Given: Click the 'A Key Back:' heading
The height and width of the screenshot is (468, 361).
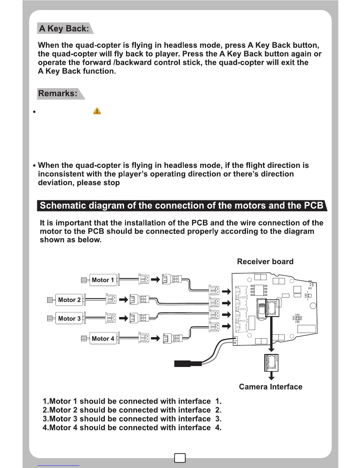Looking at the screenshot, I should [64, 29].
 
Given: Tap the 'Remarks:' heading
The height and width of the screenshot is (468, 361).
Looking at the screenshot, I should [58, 94].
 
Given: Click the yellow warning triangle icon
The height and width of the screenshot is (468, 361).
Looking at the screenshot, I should [97, 111].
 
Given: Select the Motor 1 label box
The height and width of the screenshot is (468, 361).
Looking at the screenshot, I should [103, 280].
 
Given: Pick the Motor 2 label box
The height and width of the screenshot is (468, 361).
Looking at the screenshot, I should [69, 300].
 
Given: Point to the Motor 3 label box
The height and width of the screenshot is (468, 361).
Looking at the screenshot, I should [69, 318].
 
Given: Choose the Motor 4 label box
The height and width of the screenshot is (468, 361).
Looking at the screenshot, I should [103, 339].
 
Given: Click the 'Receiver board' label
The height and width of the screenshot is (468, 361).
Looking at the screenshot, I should [265, 262].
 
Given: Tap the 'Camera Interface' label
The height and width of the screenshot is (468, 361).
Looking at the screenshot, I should [270, 387].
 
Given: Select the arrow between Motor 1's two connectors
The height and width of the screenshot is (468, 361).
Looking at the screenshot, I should [155, 279].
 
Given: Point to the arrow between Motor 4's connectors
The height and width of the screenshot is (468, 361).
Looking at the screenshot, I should [155, 338].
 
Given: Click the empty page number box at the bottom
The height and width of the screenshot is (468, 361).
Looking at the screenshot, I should [180, 458].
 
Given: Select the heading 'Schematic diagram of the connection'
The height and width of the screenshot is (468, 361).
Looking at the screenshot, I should [181, 206].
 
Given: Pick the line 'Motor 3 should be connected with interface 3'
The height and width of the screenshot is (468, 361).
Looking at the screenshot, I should [132, 419].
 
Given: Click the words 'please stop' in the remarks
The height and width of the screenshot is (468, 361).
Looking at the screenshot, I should [98, 183].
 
